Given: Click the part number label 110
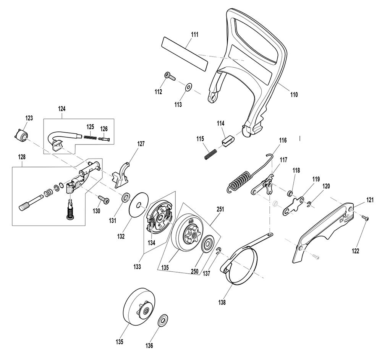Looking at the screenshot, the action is (x=294, y=94).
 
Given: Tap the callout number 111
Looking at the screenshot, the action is (x=195, y=35).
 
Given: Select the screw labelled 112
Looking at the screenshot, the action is (x=170, y=76).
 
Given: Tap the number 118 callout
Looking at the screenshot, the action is (x=296, y=170).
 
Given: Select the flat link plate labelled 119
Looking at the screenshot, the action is (x=293, y=206).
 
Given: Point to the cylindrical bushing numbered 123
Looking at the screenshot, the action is (x=21, y=134).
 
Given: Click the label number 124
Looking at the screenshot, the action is (x=62, y=109).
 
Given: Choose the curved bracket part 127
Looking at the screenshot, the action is (x=121, y=175).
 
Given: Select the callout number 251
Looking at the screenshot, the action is (x=220, y=209).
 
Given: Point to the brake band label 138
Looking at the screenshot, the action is (x=222, y=302).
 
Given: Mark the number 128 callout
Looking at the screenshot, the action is (x=22, y=157).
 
